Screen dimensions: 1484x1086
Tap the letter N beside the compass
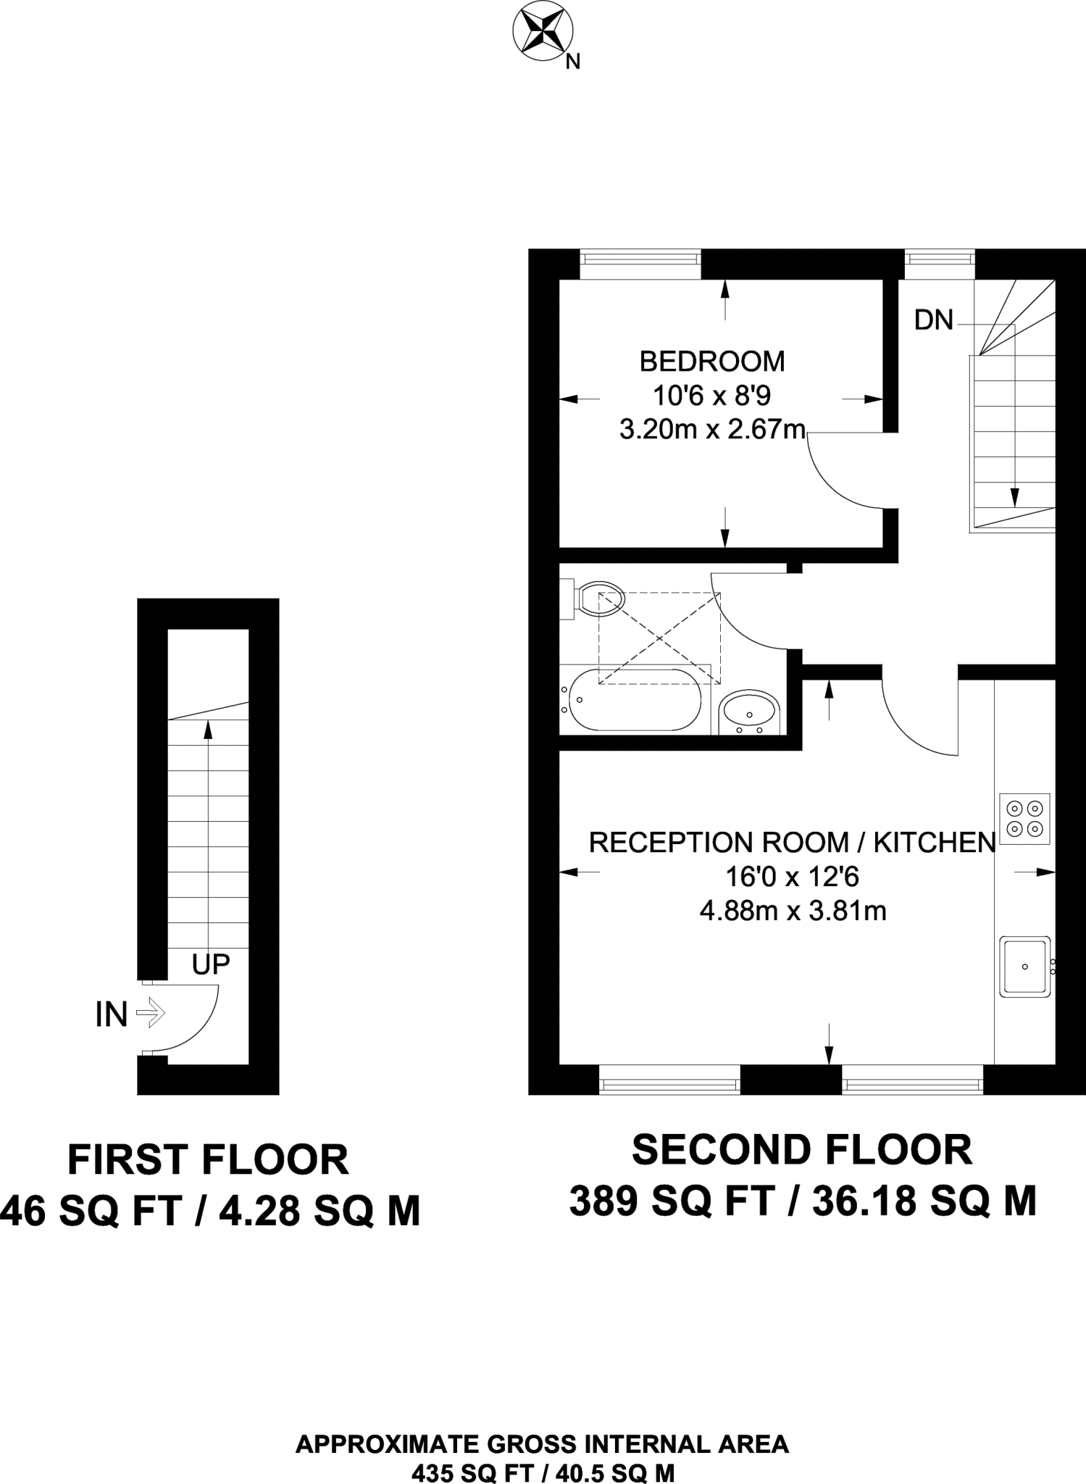point(572,62)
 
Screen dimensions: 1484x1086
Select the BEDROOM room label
point(712,360)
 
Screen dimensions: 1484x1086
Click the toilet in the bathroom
point(598,598)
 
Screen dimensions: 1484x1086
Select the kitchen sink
point(1025,967)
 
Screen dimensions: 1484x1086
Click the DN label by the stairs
point(933,320)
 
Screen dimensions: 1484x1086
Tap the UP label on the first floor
point(211,964)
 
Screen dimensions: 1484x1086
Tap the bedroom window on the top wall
point(640,264)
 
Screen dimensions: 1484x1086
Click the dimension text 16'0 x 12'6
point(792,878)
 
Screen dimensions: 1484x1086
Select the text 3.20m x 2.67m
point(712,430)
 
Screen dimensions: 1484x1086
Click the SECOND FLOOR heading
point(801,1150)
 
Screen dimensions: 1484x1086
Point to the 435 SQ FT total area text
point(543,1472)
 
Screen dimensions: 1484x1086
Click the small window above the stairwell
point(940,264)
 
